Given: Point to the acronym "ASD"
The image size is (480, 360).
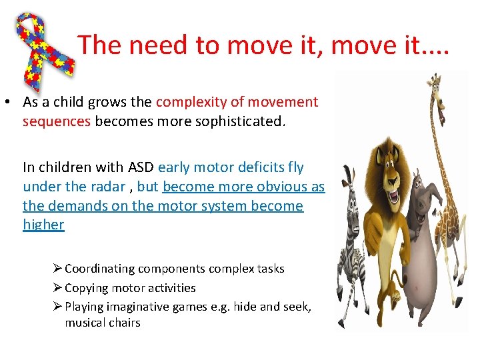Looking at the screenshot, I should click(139, 167).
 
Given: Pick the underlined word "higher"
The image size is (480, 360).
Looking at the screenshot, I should click(43, 225).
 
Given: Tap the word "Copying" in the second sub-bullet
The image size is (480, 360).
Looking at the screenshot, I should click(85, 288).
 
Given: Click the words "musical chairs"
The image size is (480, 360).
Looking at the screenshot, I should click(103, 323).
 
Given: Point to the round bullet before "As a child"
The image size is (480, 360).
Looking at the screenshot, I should click(11, 103).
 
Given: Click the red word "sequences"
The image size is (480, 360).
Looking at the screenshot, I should click(57, 122).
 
